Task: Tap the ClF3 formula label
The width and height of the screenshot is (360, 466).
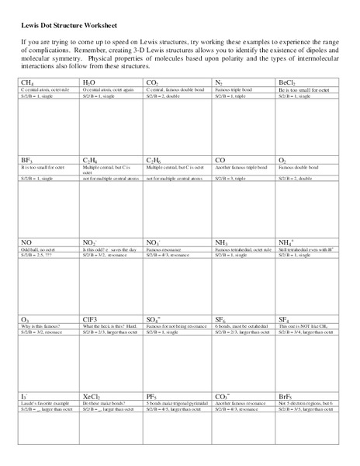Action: pos(91,318)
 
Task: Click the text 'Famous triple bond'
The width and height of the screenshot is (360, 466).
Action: pos(231,89)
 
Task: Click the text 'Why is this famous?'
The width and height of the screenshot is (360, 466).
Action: pos(40,325)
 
